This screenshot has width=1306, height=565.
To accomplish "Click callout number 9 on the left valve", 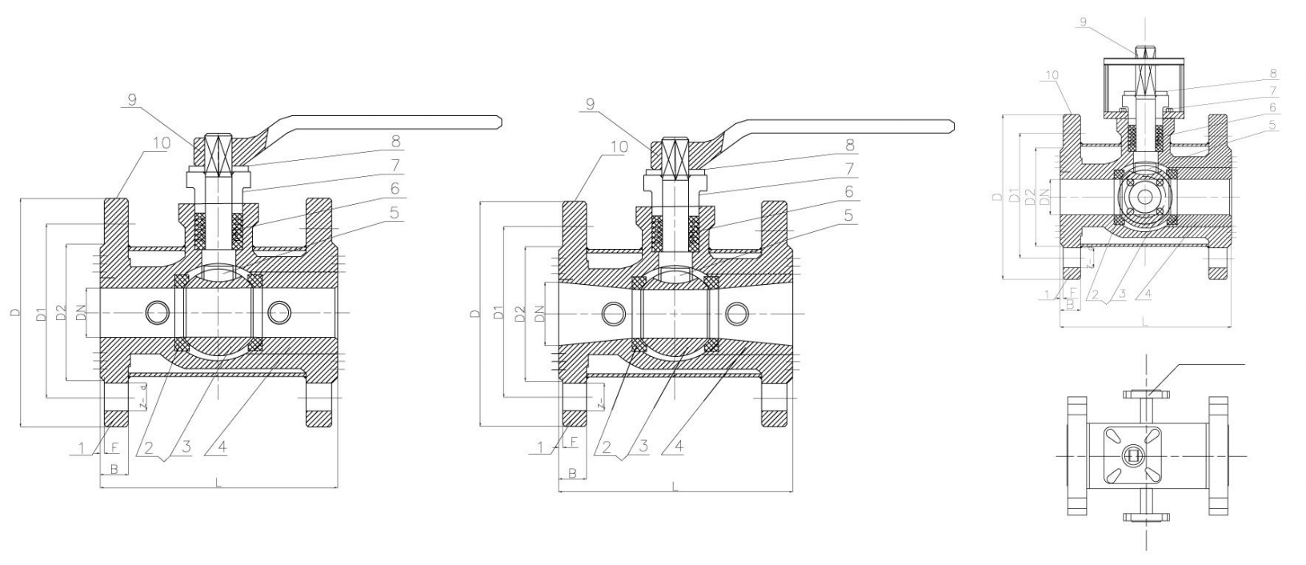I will pyautogui.click(x=132, y=99).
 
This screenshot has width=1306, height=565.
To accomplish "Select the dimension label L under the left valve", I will pyautogui.click(x=218, y=482).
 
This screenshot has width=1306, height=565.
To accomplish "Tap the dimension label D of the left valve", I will pyautogui.click(x=14, y=313).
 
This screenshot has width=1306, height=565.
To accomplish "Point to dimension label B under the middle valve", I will pyautogui.click(x=571, y=474).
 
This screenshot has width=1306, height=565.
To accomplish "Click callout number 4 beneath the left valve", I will pyautogui.click(x=221, y=447).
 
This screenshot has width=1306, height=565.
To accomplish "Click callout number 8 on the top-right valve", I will pyautogui.click(x=1272, y=73).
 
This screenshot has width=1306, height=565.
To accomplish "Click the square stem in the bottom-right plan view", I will pyautogui.click(x=1133, y=456).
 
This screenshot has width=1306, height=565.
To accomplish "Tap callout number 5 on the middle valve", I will pyautogui.click(x=848, y=214).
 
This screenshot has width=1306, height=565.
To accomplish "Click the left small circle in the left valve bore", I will pyautogui.click(x=158, y=311).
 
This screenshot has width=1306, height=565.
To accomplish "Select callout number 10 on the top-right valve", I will pyautogui.click(x=1052, y=75).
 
